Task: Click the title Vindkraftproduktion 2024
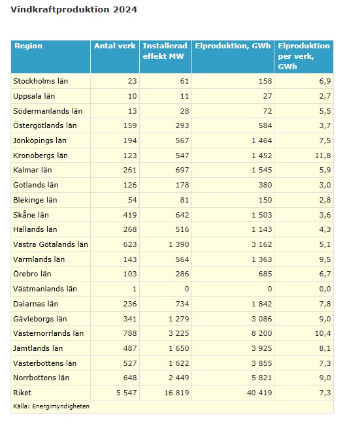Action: (x=74, y=10)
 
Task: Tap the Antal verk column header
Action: (x=115, y=46)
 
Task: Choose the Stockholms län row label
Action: (x=41, y=81)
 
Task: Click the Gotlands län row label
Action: (x=37, y=185)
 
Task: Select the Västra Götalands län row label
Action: (x=50, y=244)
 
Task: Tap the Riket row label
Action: (x=24, y=392)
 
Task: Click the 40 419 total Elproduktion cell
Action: (x=255, y=392)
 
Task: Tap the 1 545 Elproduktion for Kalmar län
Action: (x=257, y=170)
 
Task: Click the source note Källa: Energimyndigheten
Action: (x=51, y=406)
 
